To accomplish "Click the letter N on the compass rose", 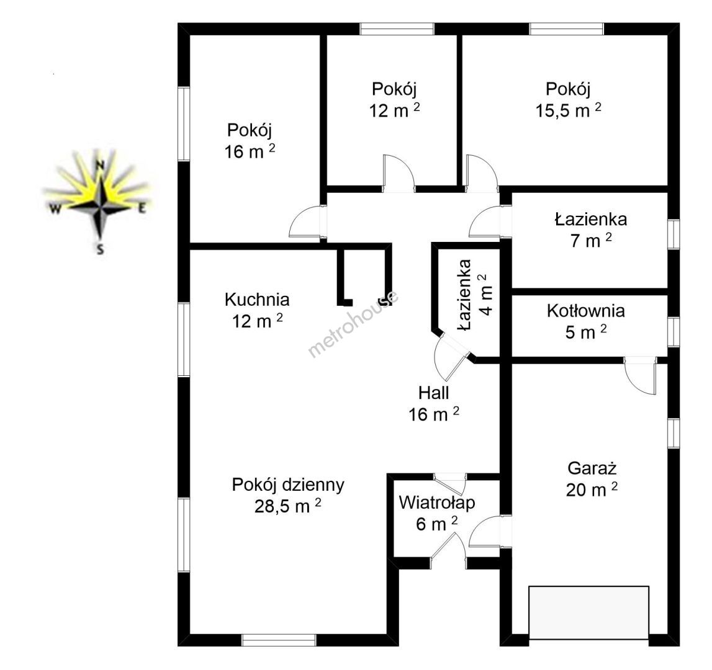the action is click(101, 165).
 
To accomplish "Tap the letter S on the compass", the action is click(101, 249).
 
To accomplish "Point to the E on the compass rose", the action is click(142, 209).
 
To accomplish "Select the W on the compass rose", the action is click(55, 209).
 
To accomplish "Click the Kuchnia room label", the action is click(257, 300).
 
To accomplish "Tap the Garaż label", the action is click(592, 468).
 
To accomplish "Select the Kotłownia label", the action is click(586, 311).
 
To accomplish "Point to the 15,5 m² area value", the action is click(569, 110).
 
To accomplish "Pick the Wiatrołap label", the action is click(437, 503).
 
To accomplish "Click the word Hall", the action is click(434, 393).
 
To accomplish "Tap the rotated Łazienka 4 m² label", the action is click(475, 295).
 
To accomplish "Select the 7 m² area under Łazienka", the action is click(591, 241).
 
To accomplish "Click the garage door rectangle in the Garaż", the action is click(589, 613).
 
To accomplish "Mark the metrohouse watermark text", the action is click(354, 323).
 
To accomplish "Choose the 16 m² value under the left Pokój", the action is click(250, 151).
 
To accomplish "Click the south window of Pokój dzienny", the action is click(279, 640).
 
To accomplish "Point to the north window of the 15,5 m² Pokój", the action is click(567, 29).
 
